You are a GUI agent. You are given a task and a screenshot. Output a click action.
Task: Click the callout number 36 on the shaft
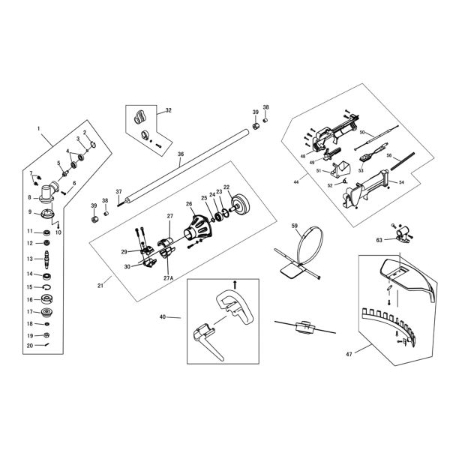click(180, 154)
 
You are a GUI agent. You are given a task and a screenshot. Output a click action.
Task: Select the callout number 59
click(295, 226)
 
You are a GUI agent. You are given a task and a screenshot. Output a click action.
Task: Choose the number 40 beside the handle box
click(162, 317)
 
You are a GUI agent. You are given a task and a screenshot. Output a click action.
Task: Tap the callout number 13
click(29, 259)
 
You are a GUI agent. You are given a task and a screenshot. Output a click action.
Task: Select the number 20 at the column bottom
click(29, 346)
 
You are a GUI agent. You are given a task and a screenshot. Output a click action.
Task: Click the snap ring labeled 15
click(46, 286)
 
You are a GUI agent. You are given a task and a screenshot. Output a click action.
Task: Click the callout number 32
click(168, 110)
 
